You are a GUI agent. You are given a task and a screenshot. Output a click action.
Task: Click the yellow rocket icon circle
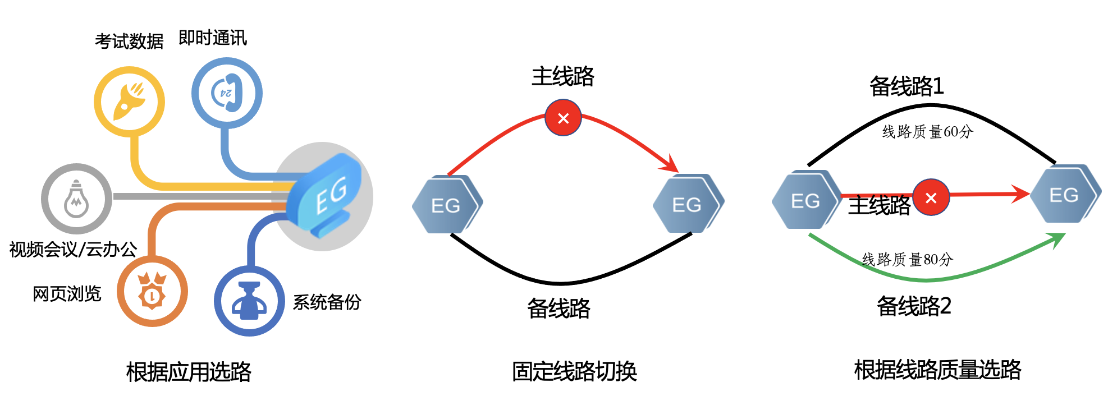click(x=129, y=102)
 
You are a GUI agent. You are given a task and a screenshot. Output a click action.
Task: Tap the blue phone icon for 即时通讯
click(x=227, y=93)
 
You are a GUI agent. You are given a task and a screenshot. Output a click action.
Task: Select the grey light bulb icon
click(x=76, y=199)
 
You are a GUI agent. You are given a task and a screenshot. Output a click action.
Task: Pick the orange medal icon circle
click(x=152, y=292)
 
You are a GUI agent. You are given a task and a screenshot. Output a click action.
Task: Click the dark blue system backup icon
click(x=250, y=301)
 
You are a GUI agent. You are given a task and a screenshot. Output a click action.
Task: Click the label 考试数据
click(x=129, y=41)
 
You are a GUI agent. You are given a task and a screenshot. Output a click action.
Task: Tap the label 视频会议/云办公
click(x=73, y=249)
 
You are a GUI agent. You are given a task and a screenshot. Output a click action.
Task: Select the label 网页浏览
click(x=67, y=293)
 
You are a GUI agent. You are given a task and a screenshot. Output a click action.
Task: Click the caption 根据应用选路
click(x=189, y=371)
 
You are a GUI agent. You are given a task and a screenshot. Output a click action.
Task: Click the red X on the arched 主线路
click(x=563, y=118)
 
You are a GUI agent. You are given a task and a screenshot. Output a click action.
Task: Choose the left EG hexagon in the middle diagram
click(x=447, y=205)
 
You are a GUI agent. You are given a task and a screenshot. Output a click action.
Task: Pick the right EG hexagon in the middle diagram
click(x=688, y=204)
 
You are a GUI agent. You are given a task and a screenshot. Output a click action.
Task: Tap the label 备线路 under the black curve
click(x=558, y=308)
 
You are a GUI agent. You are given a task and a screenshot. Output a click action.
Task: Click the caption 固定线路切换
click(x=574, y=371)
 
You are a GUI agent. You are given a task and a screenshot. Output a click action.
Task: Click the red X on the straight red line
click(x=931, y=197)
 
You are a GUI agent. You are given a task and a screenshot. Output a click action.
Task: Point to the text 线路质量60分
click(x=927, y=132)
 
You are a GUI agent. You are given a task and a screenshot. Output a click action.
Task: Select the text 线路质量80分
click(x=907, y=259)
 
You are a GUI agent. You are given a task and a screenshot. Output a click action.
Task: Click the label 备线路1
click(x=907, y=86)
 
